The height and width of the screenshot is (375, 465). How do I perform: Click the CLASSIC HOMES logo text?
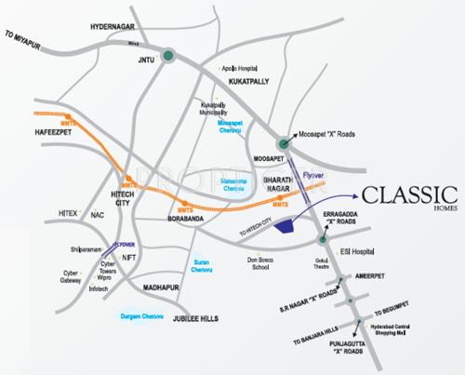(x=408, y=196)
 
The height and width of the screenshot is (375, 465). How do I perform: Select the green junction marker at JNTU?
(x=168, y=56)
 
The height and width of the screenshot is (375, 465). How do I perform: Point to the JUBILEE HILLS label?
(x=196, y=318)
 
